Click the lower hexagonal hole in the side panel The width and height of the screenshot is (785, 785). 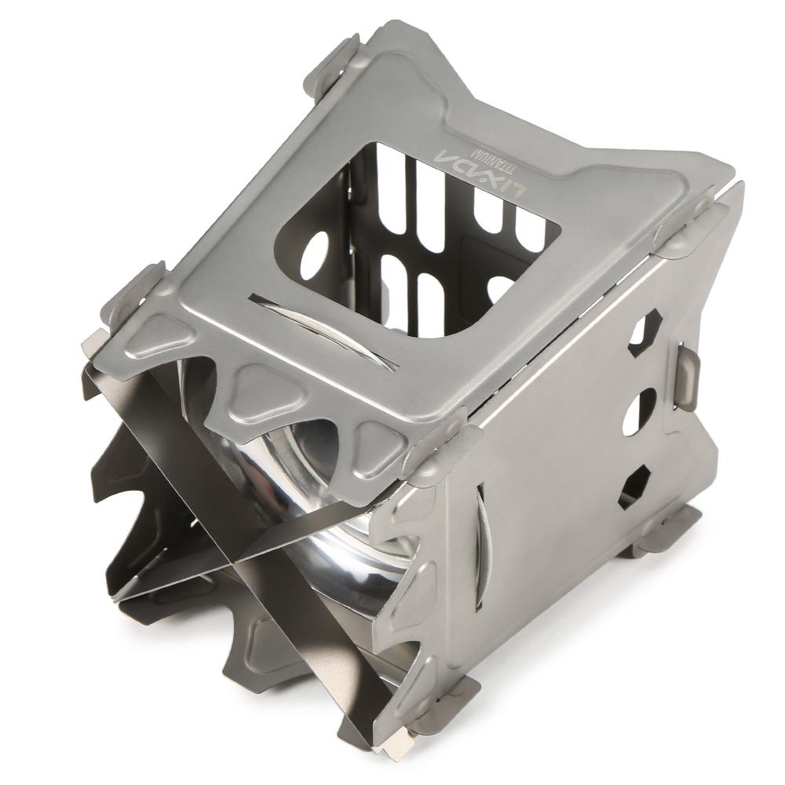[x=633, y=483]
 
